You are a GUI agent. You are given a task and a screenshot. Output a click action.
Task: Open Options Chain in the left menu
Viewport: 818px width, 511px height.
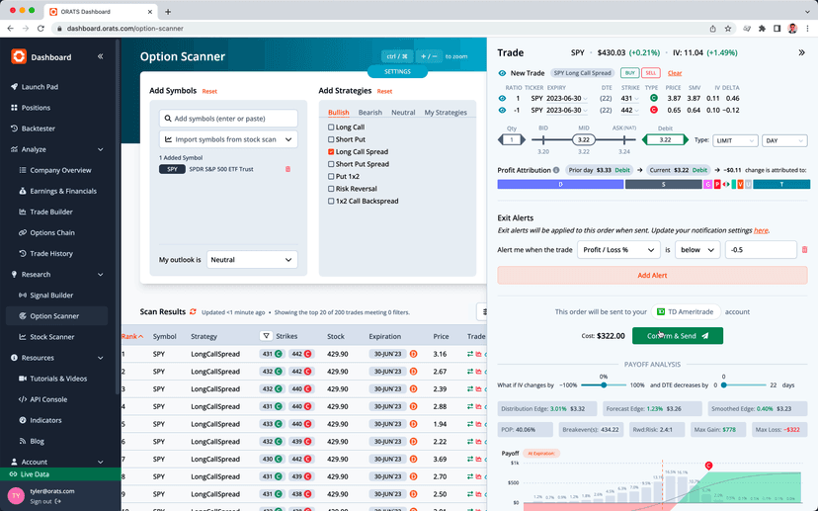[x=52, y=232]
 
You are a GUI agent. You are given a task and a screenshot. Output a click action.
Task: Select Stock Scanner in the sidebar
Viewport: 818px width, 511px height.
[x=52, y=337]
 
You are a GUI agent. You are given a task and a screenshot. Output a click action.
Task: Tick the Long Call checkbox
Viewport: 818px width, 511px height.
[x=332, y=128]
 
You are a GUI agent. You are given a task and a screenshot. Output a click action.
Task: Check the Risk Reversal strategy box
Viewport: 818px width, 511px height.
[x=332, y=189]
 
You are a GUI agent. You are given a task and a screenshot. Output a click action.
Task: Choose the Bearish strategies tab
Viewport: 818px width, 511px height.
[x=369, y=113]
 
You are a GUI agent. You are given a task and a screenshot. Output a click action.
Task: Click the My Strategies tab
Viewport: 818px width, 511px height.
[x=445, y=113]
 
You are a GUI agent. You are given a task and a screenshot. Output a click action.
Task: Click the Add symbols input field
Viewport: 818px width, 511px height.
[x=228, y=119]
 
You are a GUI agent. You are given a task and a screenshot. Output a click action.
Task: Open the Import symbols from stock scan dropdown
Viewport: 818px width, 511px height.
[x=228, y=139]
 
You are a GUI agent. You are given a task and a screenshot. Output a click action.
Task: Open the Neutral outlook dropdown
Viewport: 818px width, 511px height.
[x=252, y=260]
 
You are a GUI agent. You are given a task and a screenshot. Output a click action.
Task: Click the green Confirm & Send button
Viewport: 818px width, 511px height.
[x=677, y=336]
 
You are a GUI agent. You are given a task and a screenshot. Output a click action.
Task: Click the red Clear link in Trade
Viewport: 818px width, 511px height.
[x=675, y=73]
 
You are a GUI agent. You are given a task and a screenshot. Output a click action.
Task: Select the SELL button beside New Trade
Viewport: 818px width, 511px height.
[x=651, y=73]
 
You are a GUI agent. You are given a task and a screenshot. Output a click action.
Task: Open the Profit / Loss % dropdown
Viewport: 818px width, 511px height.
[x=618, y=250]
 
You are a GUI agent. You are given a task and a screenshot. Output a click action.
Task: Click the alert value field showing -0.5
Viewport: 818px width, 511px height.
[x=760, y=250]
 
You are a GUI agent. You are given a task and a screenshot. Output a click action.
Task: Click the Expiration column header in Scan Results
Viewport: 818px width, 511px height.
[x=385, y=336]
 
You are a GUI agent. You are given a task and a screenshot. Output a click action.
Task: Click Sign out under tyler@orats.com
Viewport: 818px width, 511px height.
[x=41, y=501]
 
